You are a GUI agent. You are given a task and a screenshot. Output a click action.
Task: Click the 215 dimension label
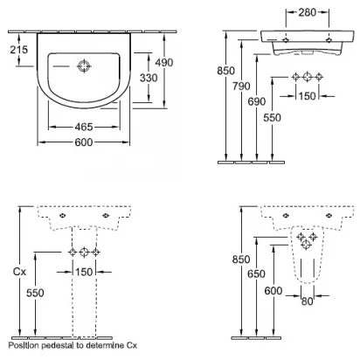(19, 50)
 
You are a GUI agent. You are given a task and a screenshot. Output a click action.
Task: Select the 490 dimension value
(164, 62)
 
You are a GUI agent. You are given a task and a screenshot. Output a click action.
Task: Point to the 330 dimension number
(149, 78)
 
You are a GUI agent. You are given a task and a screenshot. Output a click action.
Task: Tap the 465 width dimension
(84, 127)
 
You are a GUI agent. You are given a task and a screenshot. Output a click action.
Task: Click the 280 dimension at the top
(308, 12)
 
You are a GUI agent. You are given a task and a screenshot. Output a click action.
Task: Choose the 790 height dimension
(241, 87)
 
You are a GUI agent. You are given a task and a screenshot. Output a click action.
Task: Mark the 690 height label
(257, 101)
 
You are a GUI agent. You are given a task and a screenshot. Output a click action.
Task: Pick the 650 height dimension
(256, 274)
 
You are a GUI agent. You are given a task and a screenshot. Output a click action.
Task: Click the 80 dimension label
(308, 301)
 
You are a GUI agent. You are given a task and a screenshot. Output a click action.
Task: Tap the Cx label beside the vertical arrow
(19, 272)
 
